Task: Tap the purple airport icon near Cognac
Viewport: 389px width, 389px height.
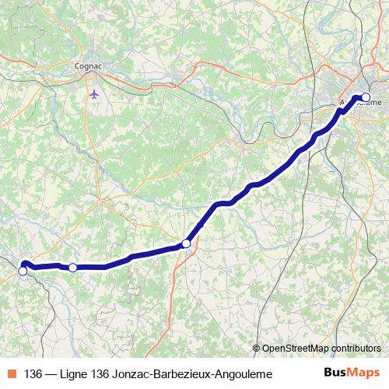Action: pos(94,94)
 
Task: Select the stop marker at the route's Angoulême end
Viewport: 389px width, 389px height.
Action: pos(366,98)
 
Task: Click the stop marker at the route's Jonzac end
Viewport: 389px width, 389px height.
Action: pos(23,272)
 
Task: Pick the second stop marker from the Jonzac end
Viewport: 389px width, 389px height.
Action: pos(72,268)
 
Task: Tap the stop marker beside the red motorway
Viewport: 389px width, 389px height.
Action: pos(186,244)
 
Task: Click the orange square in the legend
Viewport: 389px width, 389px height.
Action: pos(12,374)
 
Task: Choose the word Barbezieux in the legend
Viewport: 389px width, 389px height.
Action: pos(181,374)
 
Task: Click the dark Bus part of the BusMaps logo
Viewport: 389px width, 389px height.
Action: pos(338,373)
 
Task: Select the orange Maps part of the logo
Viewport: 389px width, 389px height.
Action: pos(365,373)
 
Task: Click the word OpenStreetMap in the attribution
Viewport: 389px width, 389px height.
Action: pos(294,349)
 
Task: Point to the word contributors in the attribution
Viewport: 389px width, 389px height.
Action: pos(355,349)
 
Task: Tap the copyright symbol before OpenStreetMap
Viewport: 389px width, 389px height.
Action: pos(256,349)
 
